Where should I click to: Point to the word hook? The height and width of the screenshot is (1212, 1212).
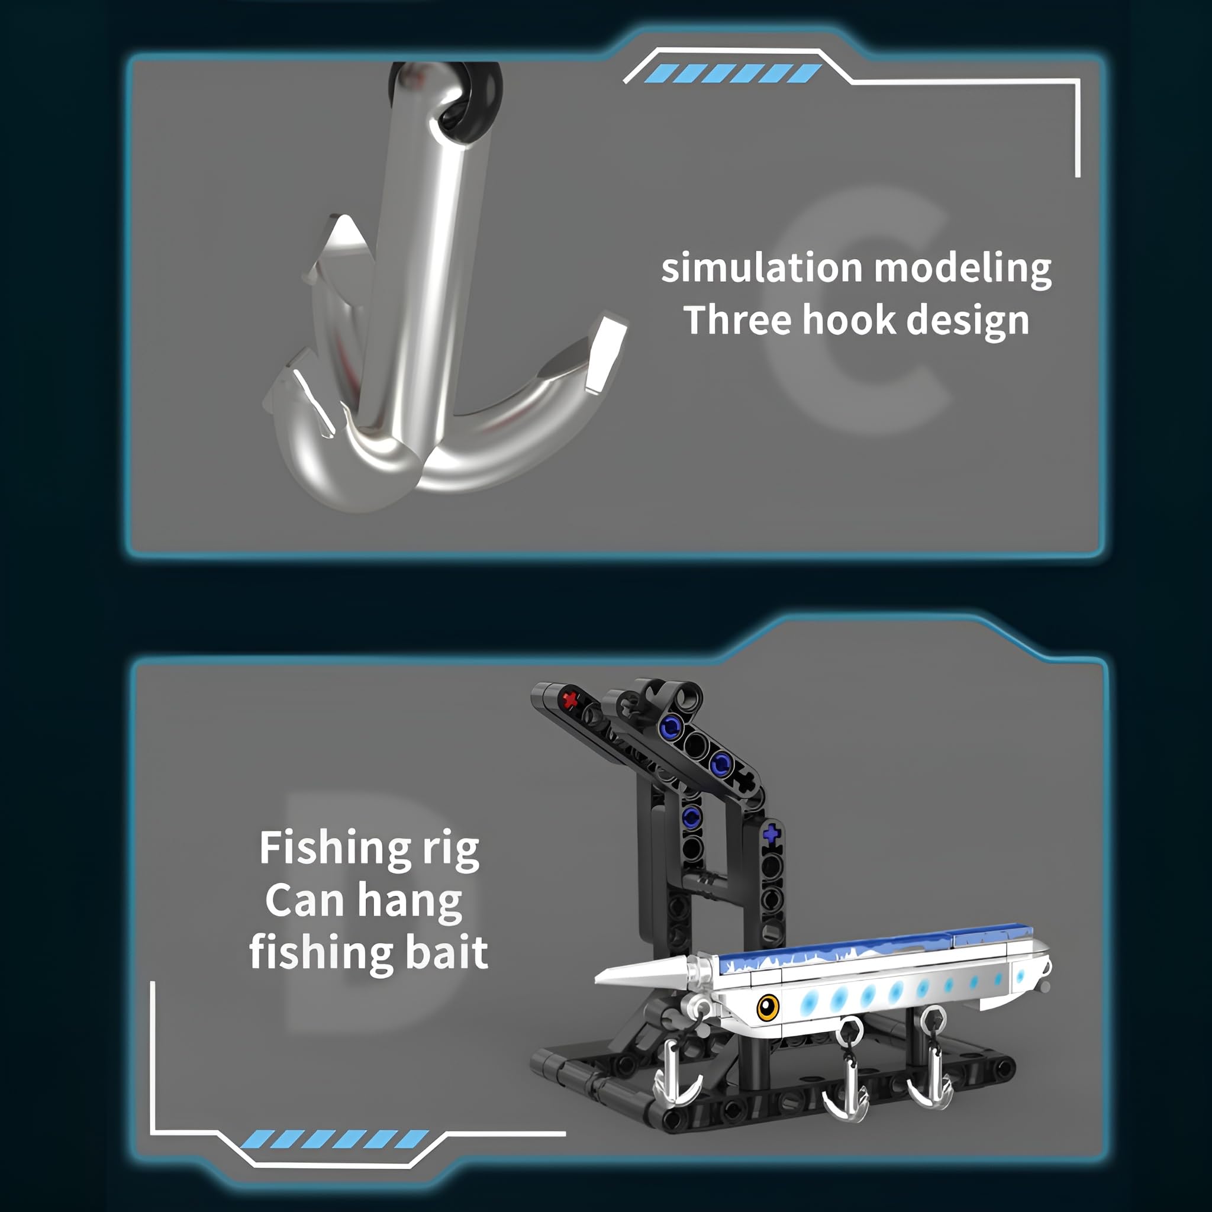click(849, 320)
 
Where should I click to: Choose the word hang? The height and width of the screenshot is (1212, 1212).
click(410, 902)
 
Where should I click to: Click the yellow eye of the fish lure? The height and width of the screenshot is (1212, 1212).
click(767, 1007)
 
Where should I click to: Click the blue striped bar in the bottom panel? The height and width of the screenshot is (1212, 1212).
click(335, 1139)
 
